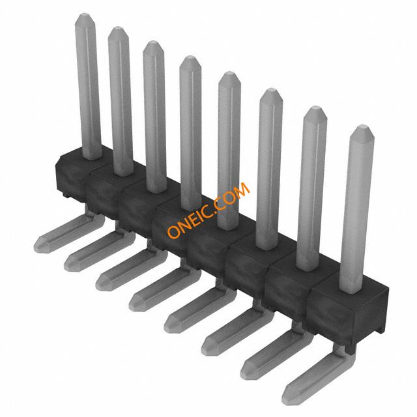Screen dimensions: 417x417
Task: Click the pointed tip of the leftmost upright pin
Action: point(85,14)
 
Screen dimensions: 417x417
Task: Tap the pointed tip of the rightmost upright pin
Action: point(362,126)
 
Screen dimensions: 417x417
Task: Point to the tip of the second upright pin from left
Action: point(118,27)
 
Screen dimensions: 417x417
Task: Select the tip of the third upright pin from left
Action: point(153,42)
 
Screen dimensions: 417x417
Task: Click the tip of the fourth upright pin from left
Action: point(190,57)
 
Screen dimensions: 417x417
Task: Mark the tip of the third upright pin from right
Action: point(271,89)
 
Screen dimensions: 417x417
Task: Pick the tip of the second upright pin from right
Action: point(315,107)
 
